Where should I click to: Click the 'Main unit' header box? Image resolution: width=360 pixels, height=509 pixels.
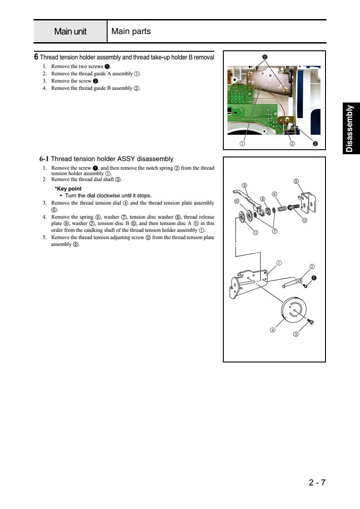pos(70,32)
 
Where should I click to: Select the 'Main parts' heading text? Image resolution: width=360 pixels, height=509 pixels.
pos(131,31)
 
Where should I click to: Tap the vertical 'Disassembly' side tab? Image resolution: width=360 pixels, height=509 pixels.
pos(349,128)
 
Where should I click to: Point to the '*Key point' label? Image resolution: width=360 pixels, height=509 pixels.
pos(68,188)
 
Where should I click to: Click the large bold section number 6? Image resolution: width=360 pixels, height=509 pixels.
pos(36,57)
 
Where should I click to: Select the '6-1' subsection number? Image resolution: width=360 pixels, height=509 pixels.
pos(44,159)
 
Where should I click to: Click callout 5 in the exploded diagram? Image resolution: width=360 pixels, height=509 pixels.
pos(296,181)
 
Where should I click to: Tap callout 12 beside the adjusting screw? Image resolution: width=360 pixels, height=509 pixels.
pos(305,220)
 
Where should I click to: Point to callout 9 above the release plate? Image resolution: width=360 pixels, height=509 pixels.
pos(244,185)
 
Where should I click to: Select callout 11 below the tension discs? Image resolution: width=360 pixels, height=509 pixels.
pos(256,233)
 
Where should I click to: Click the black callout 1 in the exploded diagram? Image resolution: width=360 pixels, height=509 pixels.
pos(314,278)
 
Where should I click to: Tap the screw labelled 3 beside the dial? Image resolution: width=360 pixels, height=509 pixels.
pos(311,322)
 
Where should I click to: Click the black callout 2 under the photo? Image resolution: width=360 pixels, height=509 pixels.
pos(315,144)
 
